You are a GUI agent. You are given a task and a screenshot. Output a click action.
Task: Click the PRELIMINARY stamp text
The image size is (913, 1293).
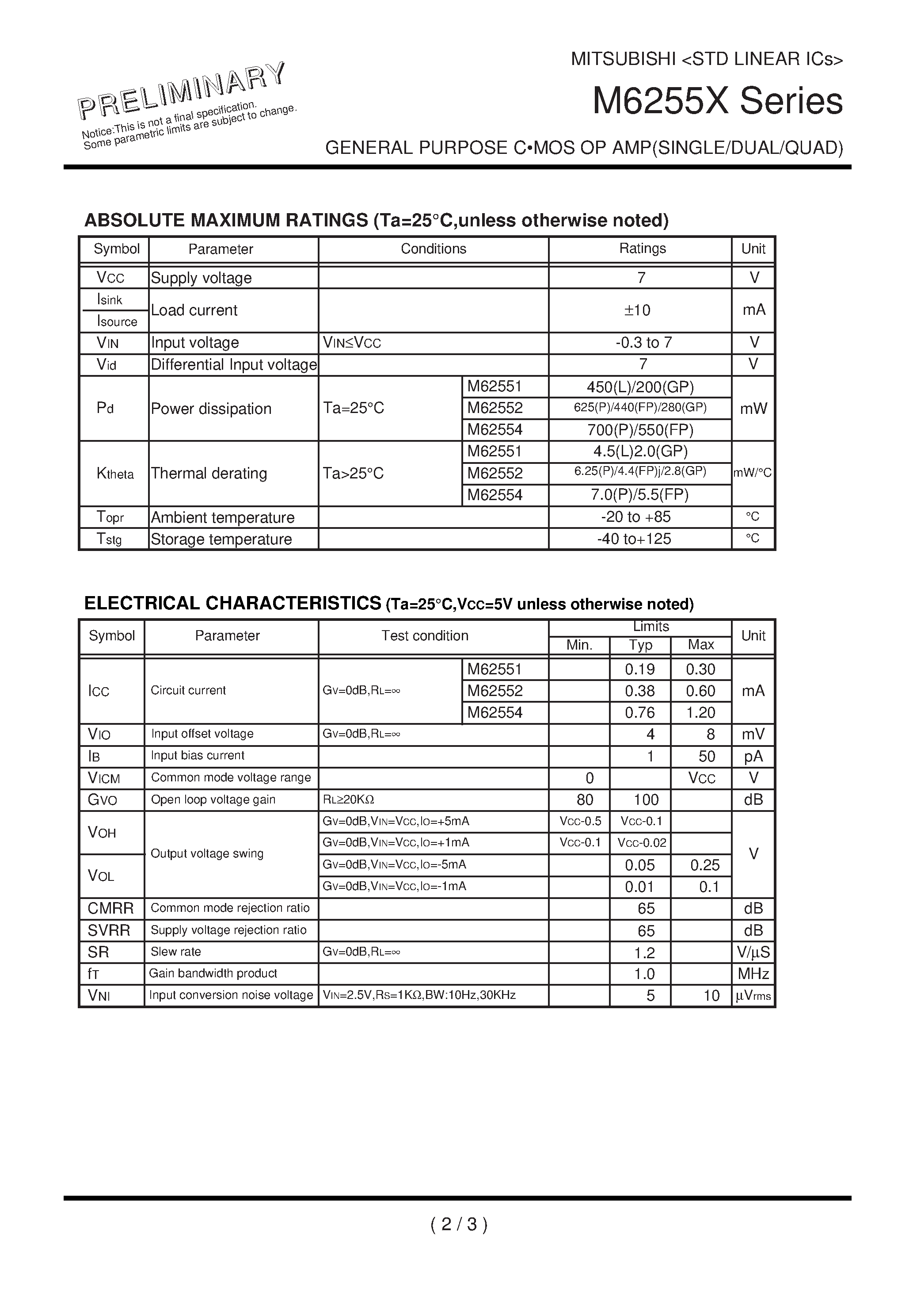pos(181,90)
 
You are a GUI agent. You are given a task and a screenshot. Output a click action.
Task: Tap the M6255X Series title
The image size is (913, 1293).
pos(717,101)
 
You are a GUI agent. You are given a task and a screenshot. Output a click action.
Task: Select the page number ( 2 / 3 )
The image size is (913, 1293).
pos(459,1224)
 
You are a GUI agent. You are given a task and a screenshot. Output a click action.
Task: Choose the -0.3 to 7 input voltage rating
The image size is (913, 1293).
pos(643,342)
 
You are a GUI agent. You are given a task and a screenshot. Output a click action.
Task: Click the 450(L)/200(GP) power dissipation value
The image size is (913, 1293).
pos(640,387)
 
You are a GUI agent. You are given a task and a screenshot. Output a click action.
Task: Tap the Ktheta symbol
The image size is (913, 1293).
pos(115,474)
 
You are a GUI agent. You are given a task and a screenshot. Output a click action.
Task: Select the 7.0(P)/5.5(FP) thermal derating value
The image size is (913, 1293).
pos(639,495)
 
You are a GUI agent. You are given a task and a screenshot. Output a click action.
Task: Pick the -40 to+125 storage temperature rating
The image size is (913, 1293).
pos(634,539)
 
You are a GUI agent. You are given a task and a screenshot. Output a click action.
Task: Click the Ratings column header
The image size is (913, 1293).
pos(642,249)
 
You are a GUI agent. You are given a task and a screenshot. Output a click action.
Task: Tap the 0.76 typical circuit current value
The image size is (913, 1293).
pos(640,713)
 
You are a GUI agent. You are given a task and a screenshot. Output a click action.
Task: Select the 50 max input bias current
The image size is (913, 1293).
pos(707,756)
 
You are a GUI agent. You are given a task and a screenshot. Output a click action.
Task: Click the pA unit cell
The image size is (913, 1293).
pos(753,756)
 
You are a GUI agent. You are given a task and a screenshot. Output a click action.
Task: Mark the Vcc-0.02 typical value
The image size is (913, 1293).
pos(642,843)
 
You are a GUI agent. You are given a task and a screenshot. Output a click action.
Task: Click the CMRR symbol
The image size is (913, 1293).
pos(110,908)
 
